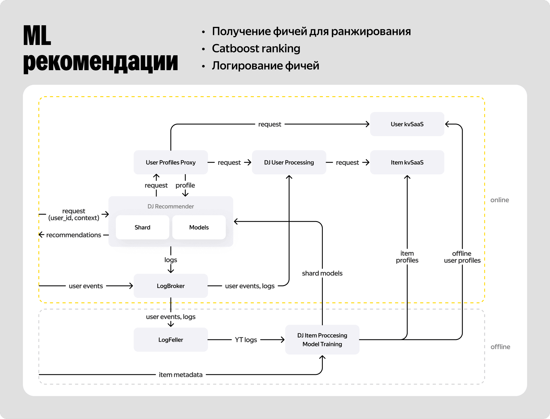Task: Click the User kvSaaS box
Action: point(407,124)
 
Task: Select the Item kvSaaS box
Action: point(407,162)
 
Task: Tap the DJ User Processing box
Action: point(289,162)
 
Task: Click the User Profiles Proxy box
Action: point(170,162)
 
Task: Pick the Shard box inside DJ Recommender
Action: point(142,227)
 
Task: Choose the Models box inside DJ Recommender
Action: point(199,227)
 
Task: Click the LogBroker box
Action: point(170,286)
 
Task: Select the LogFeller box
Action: point(170,340)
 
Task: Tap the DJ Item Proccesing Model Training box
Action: point(322,340)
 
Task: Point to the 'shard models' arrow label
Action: point(322,273)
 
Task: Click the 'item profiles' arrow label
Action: point(407,257)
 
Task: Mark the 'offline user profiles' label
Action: point(462,257)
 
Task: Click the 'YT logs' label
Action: point(246,340)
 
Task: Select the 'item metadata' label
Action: point(180,375)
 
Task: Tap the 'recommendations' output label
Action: point(74,235)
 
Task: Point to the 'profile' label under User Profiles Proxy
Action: point(185,185)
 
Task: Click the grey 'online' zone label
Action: point(500,200)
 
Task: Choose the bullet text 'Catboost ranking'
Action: point(256,48)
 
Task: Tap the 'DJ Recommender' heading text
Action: point(170,206)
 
